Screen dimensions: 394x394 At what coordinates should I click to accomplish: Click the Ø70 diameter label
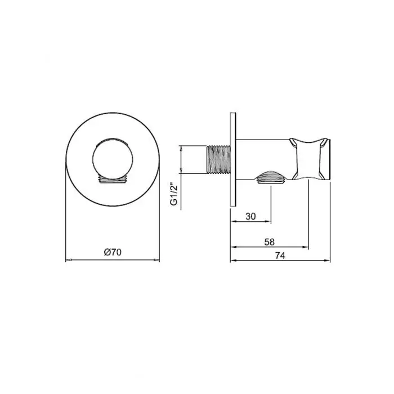[x=113, y=252]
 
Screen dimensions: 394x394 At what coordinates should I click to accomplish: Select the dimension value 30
[x=250, y=216]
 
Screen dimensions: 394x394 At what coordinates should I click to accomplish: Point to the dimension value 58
[x=270, y=242]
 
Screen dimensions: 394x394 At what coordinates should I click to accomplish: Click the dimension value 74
[x=280, y=256]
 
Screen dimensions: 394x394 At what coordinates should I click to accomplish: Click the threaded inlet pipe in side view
[x=218, y=159]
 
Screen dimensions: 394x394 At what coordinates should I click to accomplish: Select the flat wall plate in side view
[x=233, y=159]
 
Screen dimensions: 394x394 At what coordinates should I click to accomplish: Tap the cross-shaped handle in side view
[x=308, y=159]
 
